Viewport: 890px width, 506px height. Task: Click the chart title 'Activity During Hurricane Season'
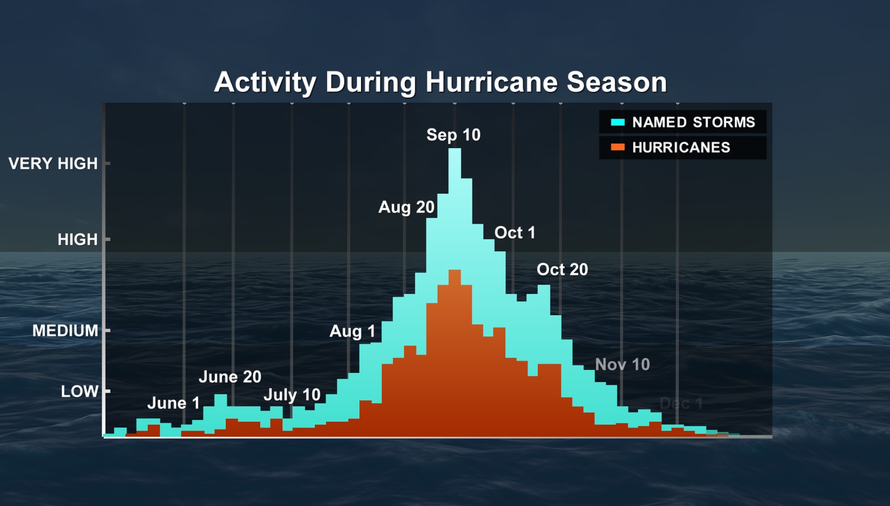click(x=440, y=82)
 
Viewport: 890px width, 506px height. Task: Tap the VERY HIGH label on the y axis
click(x=53, y=164)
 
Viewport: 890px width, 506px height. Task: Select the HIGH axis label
click(x=78, y=239)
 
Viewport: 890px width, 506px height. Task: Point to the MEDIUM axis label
click(x=65, y=331)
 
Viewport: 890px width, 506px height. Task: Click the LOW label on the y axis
click(x=79, y=391)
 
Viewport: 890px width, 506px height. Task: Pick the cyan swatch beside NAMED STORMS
click(x=618, y=122)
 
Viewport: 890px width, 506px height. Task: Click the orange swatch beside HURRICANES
click(x=618, y=147)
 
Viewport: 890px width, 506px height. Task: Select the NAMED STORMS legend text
click(x=693, y=122)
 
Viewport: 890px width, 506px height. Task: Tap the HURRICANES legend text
click(x=681, y=147)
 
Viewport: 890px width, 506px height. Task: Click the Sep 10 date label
click(x=453, y=135)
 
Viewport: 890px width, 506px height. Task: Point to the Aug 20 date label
click(x=406, y=207)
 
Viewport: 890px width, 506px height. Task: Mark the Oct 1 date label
click(x=515, y=233)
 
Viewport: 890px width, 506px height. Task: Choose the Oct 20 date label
click(x=562, y=269)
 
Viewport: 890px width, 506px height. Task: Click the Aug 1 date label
click(x=352, y=331)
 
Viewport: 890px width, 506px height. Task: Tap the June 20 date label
click(x=230, y=377)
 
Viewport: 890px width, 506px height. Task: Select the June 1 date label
click(x=173, y=403)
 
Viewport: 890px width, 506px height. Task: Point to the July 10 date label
click(x=292, y=395)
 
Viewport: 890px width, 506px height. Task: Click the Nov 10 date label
click(x=622, y=365)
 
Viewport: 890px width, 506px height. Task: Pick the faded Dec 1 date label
click(x=681, y=403)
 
